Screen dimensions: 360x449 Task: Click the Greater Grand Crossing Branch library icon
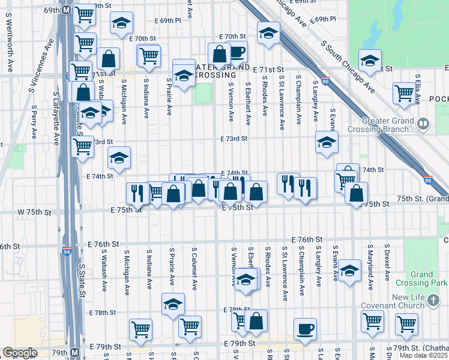click(424, 124)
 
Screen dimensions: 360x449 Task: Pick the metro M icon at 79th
click(75, 353)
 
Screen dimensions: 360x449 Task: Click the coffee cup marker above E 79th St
click(305, 329)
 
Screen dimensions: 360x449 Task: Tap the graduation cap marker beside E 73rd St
click(327, 143)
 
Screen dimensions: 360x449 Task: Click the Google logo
click(20, 353)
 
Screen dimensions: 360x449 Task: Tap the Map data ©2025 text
click(424, 355)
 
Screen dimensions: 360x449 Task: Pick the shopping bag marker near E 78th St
click(256, 321)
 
